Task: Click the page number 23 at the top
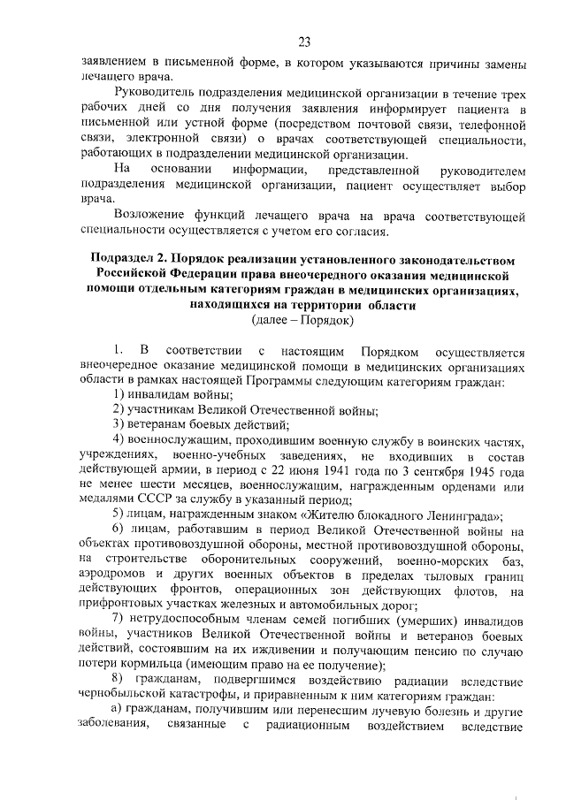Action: click(x=304, y=42)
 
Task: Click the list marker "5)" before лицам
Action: click(x=119, y=516)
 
